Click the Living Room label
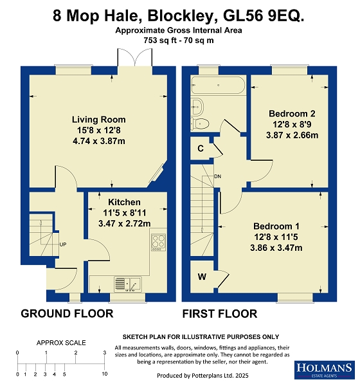point(98,120)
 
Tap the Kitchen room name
point(124,202)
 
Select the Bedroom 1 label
point(276,226)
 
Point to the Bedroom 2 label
point(292,113)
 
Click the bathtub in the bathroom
point(219,85)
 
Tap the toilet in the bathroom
point(200,123)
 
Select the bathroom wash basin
point(197,107)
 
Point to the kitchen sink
point(128,284)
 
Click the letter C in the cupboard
point(201,149)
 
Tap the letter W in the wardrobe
point(202,277)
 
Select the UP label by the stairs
point(63,244)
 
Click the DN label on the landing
point(218,176)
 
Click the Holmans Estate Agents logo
point(325,370)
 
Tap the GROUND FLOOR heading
point(67,314)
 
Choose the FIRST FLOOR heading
point(220,314)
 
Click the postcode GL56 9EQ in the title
point(264,15)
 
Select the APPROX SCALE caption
point(61,343)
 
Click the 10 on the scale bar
point(105,374)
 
